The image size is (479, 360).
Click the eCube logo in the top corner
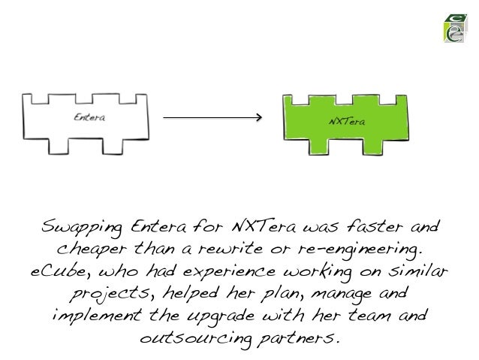pos(453,29)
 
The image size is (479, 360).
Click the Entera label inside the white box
pos(89,117)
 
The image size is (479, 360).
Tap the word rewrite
pos(235,247)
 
